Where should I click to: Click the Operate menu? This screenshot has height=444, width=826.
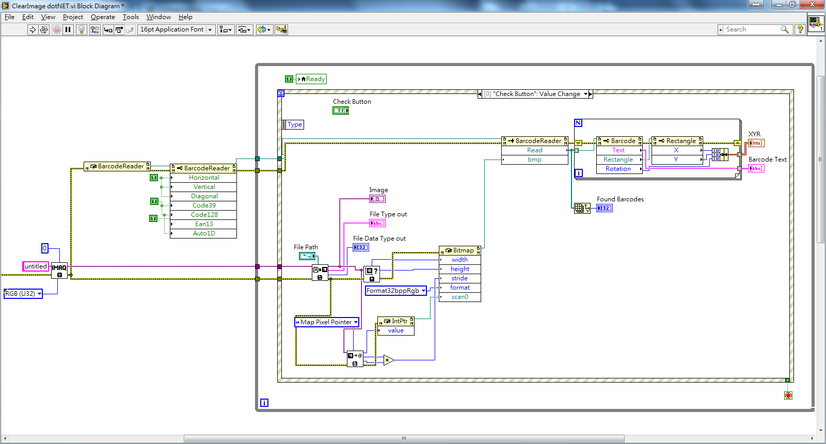pyautogui.click(x=103, y=17)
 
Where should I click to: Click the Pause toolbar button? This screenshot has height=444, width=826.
pyautogui.click(x=68, y=29)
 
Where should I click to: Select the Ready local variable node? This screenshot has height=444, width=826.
pyautogui.click(x=311, y=79)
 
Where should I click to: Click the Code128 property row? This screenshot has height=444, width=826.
pyautogui.click(x=204, y=215)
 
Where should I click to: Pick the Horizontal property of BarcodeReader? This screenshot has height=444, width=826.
pyautogui.click(x=204, y=178)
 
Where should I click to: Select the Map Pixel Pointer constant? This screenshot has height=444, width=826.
pyautogui.click(x=326, y=322)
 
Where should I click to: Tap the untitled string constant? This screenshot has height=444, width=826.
pyautogui.click(x=36, y=266)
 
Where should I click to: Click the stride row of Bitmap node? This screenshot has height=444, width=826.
pyautogui.click(x=459, y=278)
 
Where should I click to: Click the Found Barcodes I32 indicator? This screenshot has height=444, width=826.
pyautogui.click(x=604, y=208)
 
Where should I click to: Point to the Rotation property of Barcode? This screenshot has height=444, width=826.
pyautogui.click(x=618, y=169)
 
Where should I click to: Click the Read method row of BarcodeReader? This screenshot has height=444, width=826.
pyautogui.click(x=534, y=150)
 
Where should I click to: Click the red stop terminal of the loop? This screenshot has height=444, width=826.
pyautogui.click(x=788, y=395)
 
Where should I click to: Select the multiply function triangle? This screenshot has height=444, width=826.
pyautogui.click(x=388, y=360)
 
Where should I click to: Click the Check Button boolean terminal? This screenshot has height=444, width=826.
pyautogui.click(x=341, y=110)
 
